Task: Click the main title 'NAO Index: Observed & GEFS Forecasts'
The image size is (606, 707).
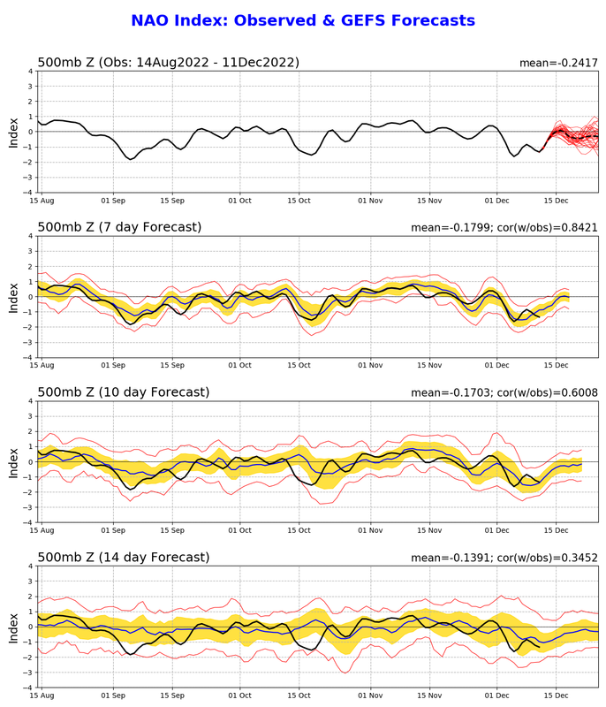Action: click(x=303, y=20)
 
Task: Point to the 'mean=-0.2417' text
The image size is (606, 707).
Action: click(x=557, y=64)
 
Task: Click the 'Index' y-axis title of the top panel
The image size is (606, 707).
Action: click(x=13, y=132)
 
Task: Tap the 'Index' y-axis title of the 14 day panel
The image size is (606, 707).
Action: click(x=13, y=627)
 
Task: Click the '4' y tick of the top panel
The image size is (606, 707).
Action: click(x=30, y=71)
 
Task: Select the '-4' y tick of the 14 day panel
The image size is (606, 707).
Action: click(x=28, y=688)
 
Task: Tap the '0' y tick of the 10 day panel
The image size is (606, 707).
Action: click(x=30, y=461)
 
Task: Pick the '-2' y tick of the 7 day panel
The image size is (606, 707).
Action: click(x=28, y=327)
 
